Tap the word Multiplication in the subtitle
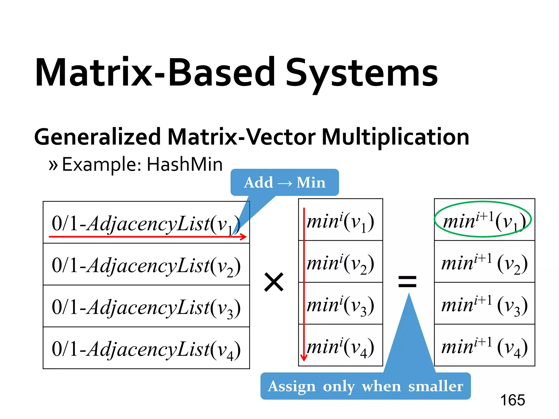[395, 137]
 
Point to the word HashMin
[185, 164]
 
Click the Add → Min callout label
[285, 182]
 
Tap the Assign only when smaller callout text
[365, 386]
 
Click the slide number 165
[512, 400]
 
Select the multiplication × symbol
[274, 282]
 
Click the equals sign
[407, 282]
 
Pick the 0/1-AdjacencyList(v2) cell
[146, 264]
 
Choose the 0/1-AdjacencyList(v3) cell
[146, 306]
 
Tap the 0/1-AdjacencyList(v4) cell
[146, 348]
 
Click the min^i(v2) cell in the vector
[340, 262]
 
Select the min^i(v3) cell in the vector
[340, 303]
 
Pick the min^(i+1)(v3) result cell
[484, 303]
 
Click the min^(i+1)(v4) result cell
[484, 345]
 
